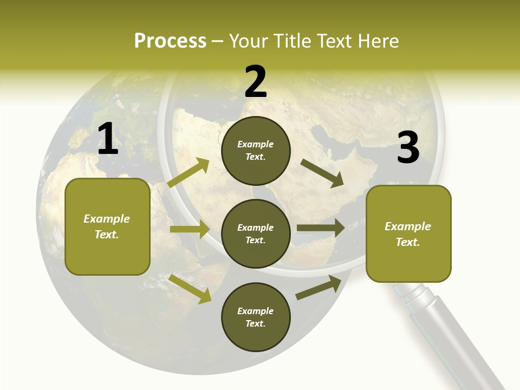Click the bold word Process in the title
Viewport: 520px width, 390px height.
[170, 41]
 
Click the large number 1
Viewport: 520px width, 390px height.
[108, 139]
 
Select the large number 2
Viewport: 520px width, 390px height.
[256, 82]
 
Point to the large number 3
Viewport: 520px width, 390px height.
[408, 148]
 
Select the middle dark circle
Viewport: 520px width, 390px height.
[256, 234]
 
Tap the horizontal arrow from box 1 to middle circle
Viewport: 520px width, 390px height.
[190, 229]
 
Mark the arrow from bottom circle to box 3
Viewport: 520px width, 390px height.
[318, 288]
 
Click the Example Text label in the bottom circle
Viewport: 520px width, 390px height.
[256, 317]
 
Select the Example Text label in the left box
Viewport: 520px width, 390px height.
[107, 226]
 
